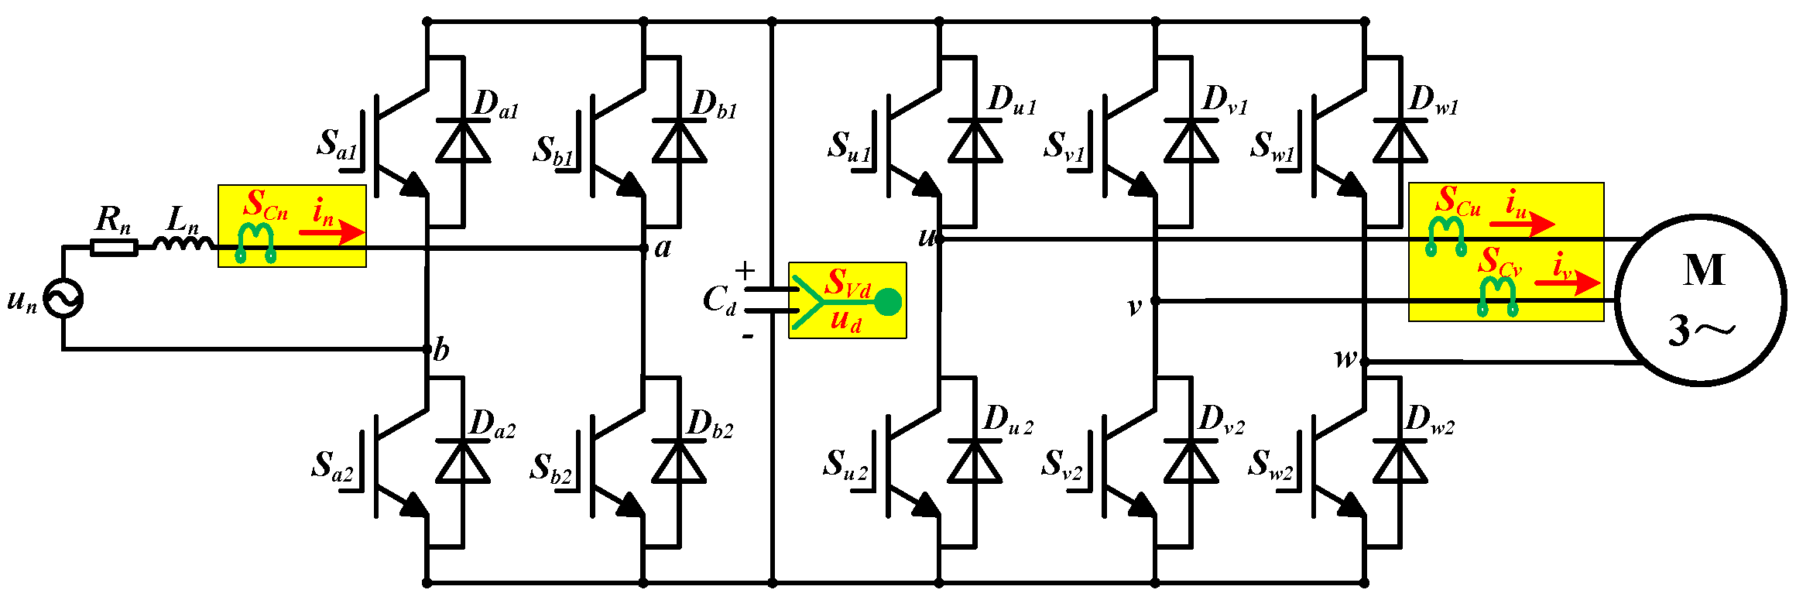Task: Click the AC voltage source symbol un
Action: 63,298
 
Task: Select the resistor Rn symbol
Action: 114,248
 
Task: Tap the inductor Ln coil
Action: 183,244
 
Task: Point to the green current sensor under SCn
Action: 255,242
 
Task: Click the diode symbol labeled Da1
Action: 463,141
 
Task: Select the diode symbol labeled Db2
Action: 679,461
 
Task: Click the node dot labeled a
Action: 644,248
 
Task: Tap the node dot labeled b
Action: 427,349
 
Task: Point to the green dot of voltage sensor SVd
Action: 888,302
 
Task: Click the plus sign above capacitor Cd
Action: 745,270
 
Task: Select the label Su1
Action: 848,146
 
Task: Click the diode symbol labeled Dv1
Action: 1191,141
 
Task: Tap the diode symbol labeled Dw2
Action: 1400,461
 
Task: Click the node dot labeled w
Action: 1364,362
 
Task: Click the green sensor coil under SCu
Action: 1446,235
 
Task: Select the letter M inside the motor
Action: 1704,271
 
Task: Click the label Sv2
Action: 1061,465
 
